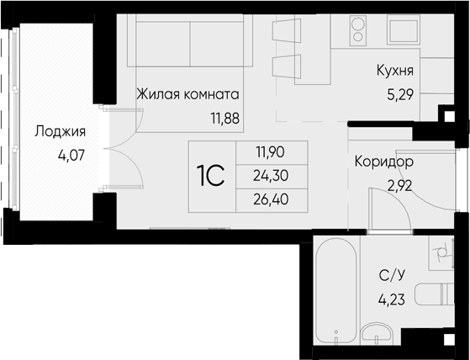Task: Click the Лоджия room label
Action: (60, 132)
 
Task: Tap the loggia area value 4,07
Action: (72, 156)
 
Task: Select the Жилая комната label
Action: (188, 94)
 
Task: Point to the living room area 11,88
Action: (225, 119)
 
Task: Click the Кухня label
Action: (395, 71)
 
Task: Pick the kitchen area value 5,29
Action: (400, 95)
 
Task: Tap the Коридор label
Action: (384, 161)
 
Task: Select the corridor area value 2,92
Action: (400, 186)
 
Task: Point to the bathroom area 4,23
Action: (392, 299)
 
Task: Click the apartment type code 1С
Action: (211, 176)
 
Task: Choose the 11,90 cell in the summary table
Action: (270, 152)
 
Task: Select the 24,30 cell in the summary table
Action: (271, 176)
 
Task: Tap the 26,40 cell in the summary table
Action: (271, 199)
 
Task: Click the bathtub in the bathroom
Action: (336, 290)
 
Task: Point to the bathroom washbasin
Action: (377, 333)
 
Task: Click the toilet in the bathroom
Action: (434, 294)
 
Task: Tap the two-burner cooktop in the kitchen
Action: (358, 30)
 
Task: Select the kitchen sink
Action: (403, 30)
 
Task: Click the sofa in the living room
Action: (190, 40)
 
